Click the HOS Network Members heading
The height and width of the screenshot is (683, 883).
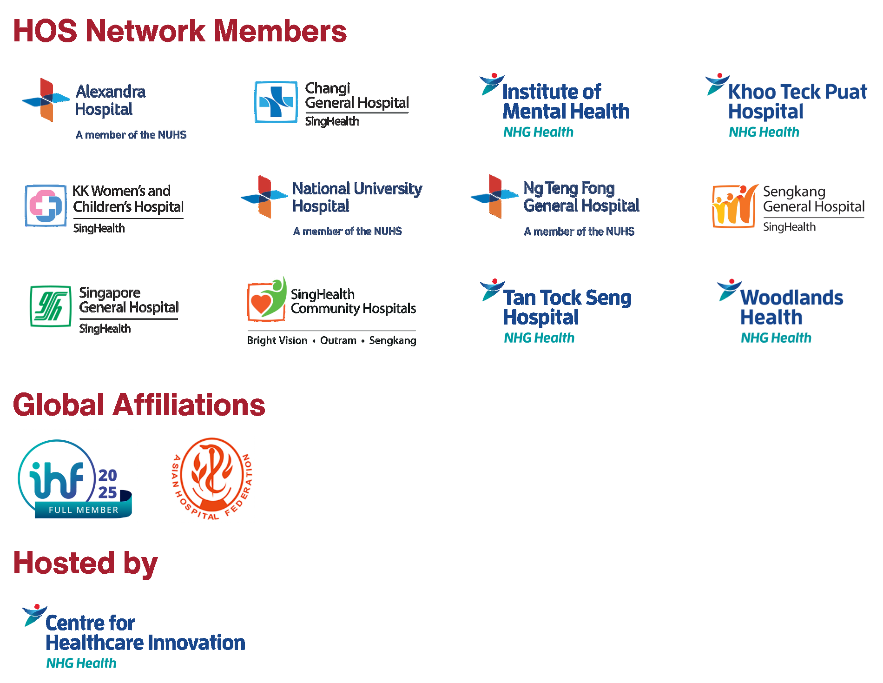179,31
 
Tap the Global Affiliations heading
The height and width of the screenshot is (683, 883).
139,404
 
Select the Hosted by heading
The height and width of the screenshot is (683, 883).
86,563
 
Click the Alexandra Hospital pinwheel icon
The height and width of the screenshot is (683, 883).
46,99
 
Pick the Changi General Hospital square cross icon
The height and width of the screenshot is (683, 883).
276,102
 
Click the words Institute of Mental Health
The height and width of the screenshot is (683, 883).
566,101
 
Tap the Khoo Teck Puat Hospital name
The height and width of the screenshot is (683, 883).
797,101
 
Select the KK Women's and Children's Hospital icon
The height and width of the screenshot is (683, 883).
46,206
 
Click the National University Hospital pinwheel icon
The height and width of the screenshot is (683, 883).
264,197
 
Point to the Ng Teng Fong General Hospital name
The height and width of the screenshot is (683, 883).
581,197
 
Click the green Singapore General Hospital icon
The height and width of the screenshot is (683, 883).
51,306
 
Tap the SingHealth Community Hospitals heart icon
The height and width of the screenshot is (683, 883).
267,299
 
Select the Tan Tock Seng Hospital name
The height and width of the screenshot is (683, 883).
567,307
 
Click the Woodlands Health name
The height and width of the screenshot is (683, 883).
791,307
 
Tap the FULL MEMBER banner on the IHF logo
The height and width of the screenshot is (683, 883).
84,510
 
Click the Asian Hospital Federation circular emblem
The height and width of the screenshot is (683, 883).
212,478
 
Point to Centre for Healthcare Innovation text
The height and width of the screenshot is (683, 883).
145,633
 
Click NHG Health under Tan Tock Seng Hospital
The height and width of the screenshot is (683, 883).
539,338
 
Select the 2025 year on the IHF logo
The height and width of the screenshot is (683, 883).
108,484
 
